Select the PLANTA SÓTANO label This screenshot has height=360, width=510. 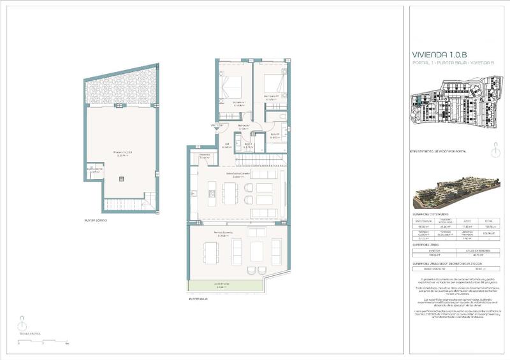(x=96, y=220)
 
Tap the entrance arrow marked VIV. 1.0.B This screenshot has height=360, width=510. (x=217, y=126)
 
